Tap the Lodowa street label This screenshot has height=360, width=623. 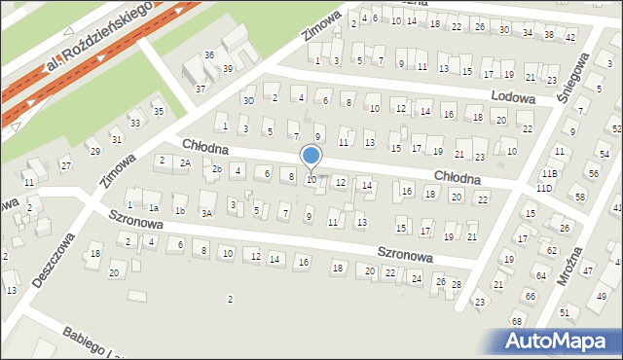click(x=513, y=98)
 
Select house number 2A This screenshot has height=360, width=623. click(x=184, y=162)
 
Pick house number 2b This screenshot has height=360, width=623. click(x=217, y=170)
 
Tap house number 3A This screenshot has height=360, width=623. click(x=206, y=212)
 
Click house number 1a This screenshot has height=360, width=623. click(x=154, y=207)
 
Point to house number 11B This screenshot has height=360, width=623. click(x=549, y=173)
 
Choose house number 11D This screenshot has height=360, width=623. click(x=544, y=188)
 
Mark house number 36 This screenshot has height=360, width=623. click(x=208, y=54)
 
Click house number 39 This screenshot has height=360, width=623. click(x=227, y=69)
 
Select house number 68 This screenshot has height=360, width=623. click(x=516, y=321)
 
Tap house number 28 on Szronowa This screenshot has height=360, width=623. click(x=456, y=284)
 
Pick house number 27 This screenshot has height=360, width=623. click(x=65, y=166)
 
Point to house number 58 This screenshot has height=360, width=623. click(x=580, y=198)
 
